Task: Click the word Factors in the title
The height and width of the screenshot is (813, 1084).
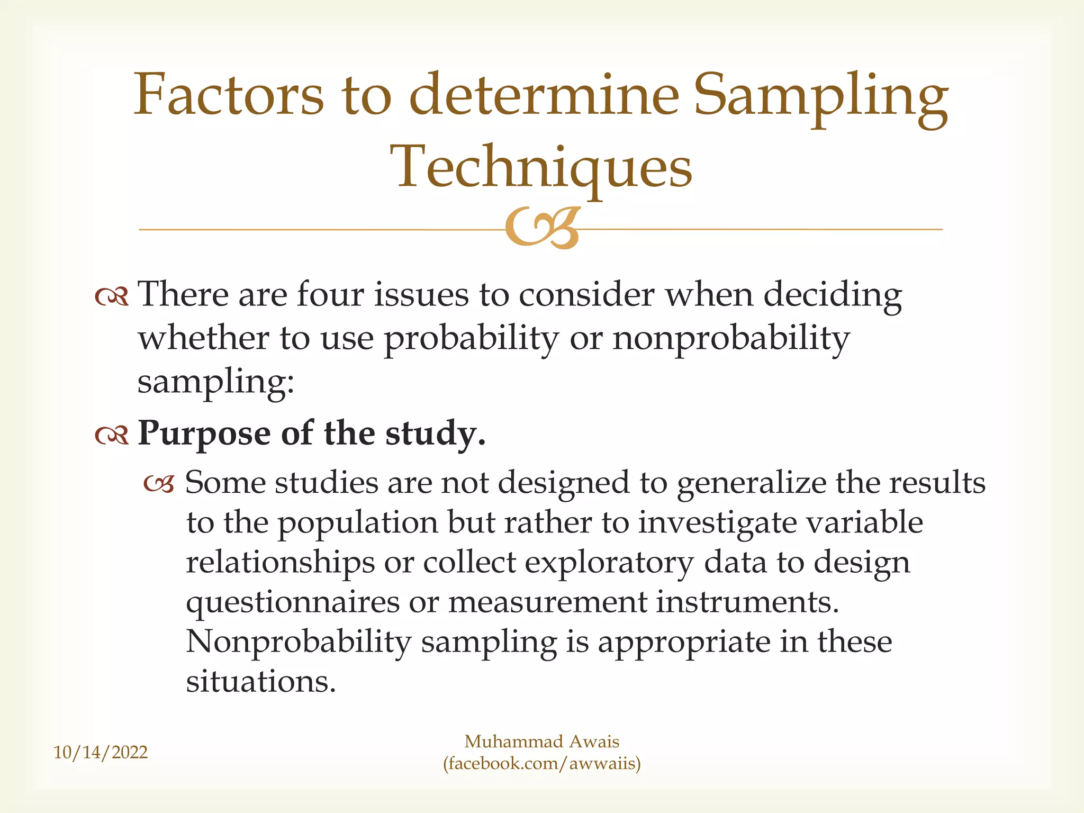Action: click(x=228, y=95)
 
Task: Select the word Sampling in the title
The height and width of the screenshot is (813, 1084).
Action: click(x=820, y=98)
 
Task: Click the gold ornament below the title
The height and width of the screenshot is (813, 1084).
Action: click(x=542, y=228)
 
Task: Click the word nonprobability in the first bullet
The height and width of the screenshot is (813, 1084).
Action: click(x=731, y=339)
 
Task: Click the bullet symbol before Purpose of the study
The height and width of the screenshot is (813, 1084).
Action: click(x=112, y=436)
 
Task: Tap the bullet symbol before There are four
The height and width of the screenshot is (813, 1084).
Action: click(x=112, y=297)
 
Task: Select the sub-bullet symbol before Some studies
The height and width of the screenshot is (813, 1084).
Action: click(x=159, y=484)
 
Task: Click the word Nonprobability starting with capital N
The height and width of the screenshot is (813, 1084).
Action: click(x=299, y=642)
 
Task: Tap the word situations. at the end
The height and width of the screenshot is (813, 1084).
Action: click(x=261, y=682)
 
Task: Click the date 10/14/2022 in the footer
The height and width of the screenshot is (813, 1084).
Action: click(x=101, y=752)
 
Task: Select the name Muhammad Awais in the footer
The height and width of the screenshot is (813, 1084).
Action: click(x=541, y=742)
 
